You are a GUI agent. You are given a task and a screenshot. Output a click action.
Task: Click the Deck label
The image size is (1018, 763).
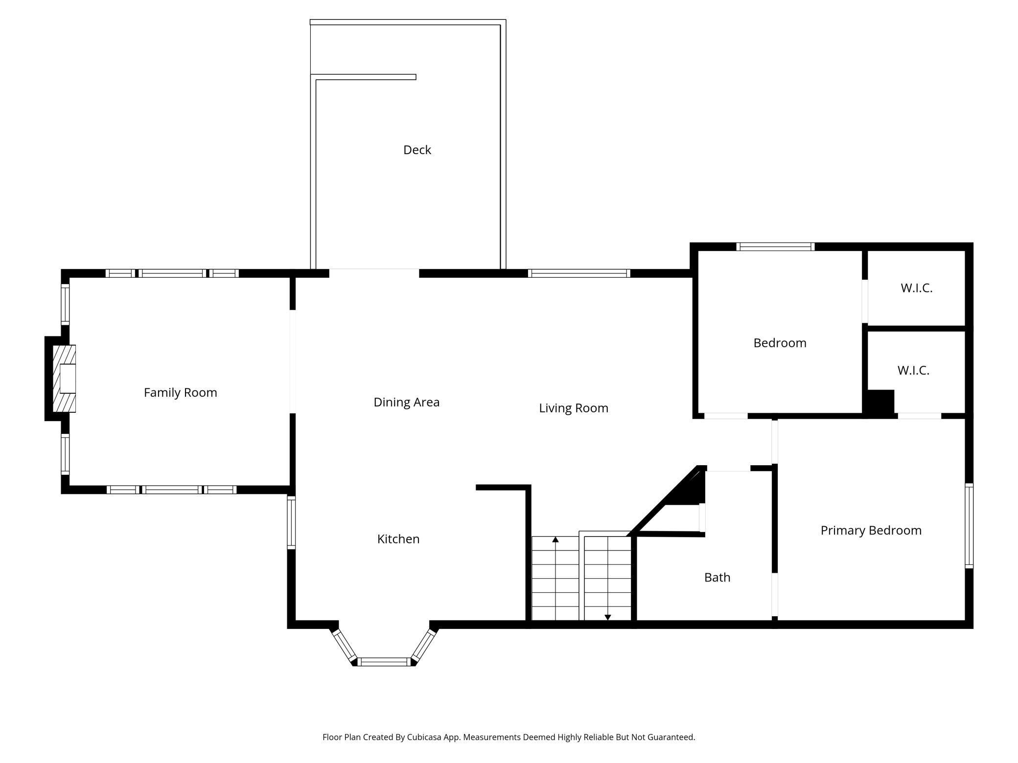point(417,150)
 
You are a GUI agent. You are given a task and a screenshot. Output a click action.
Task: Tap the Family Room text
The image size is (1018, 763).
point(180,392)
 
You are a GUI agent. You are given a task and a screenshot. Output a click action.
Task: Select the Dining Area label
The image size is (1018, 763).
point(406,402)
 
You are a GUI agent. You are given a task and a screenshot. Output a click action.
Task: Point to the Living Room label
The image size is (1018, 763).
point(573,408)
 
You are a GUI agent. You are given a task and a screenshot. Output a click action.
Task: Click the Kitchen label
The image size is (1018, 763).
point(398,539)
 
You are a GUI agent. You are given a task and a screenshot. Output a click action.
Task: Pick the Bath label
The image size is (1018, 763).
point(717,578)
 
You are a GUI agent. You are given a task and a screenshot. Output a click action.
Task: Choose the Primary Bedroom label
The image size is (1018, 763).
point(871,531)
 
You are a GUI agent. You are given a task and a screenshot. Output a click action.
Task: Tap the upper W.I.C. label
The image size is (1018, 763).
point(916,288)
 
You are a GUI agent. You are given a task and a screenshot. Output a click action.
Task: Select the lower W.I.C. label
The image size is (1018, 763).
point(913,371)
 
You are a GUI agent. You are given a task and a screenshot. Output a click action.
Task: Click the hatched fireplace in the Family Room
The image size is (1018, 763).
point(64,379)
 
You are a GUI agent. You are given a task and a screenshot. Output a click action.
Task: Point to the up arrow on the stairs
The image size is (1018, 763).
point(555,540)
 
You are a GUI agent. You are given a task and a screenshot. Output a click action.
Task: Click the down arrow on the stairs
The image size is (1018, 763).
point(607,617)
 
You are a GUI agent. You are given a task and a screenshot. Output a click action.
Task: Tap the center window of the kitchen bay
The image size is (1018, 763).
point(384,662)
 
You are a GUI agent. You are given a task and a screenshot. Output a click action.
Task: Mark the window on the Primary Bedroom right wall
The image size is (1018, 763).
point(969,526)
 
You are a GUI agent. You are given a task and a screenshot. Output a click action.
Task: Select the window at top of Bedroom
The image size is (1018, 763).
point(775,247)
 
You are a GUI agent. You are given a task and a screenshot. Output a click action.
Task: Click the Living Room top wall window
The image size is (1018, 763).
point(578,273)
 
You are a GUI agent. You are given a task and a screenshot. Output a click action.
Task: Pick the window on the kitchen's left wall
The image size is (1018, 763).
point(291,522)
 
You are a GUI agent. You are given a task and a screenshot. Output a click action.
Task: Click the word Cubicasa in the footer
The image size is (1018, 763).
point(424,737)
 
